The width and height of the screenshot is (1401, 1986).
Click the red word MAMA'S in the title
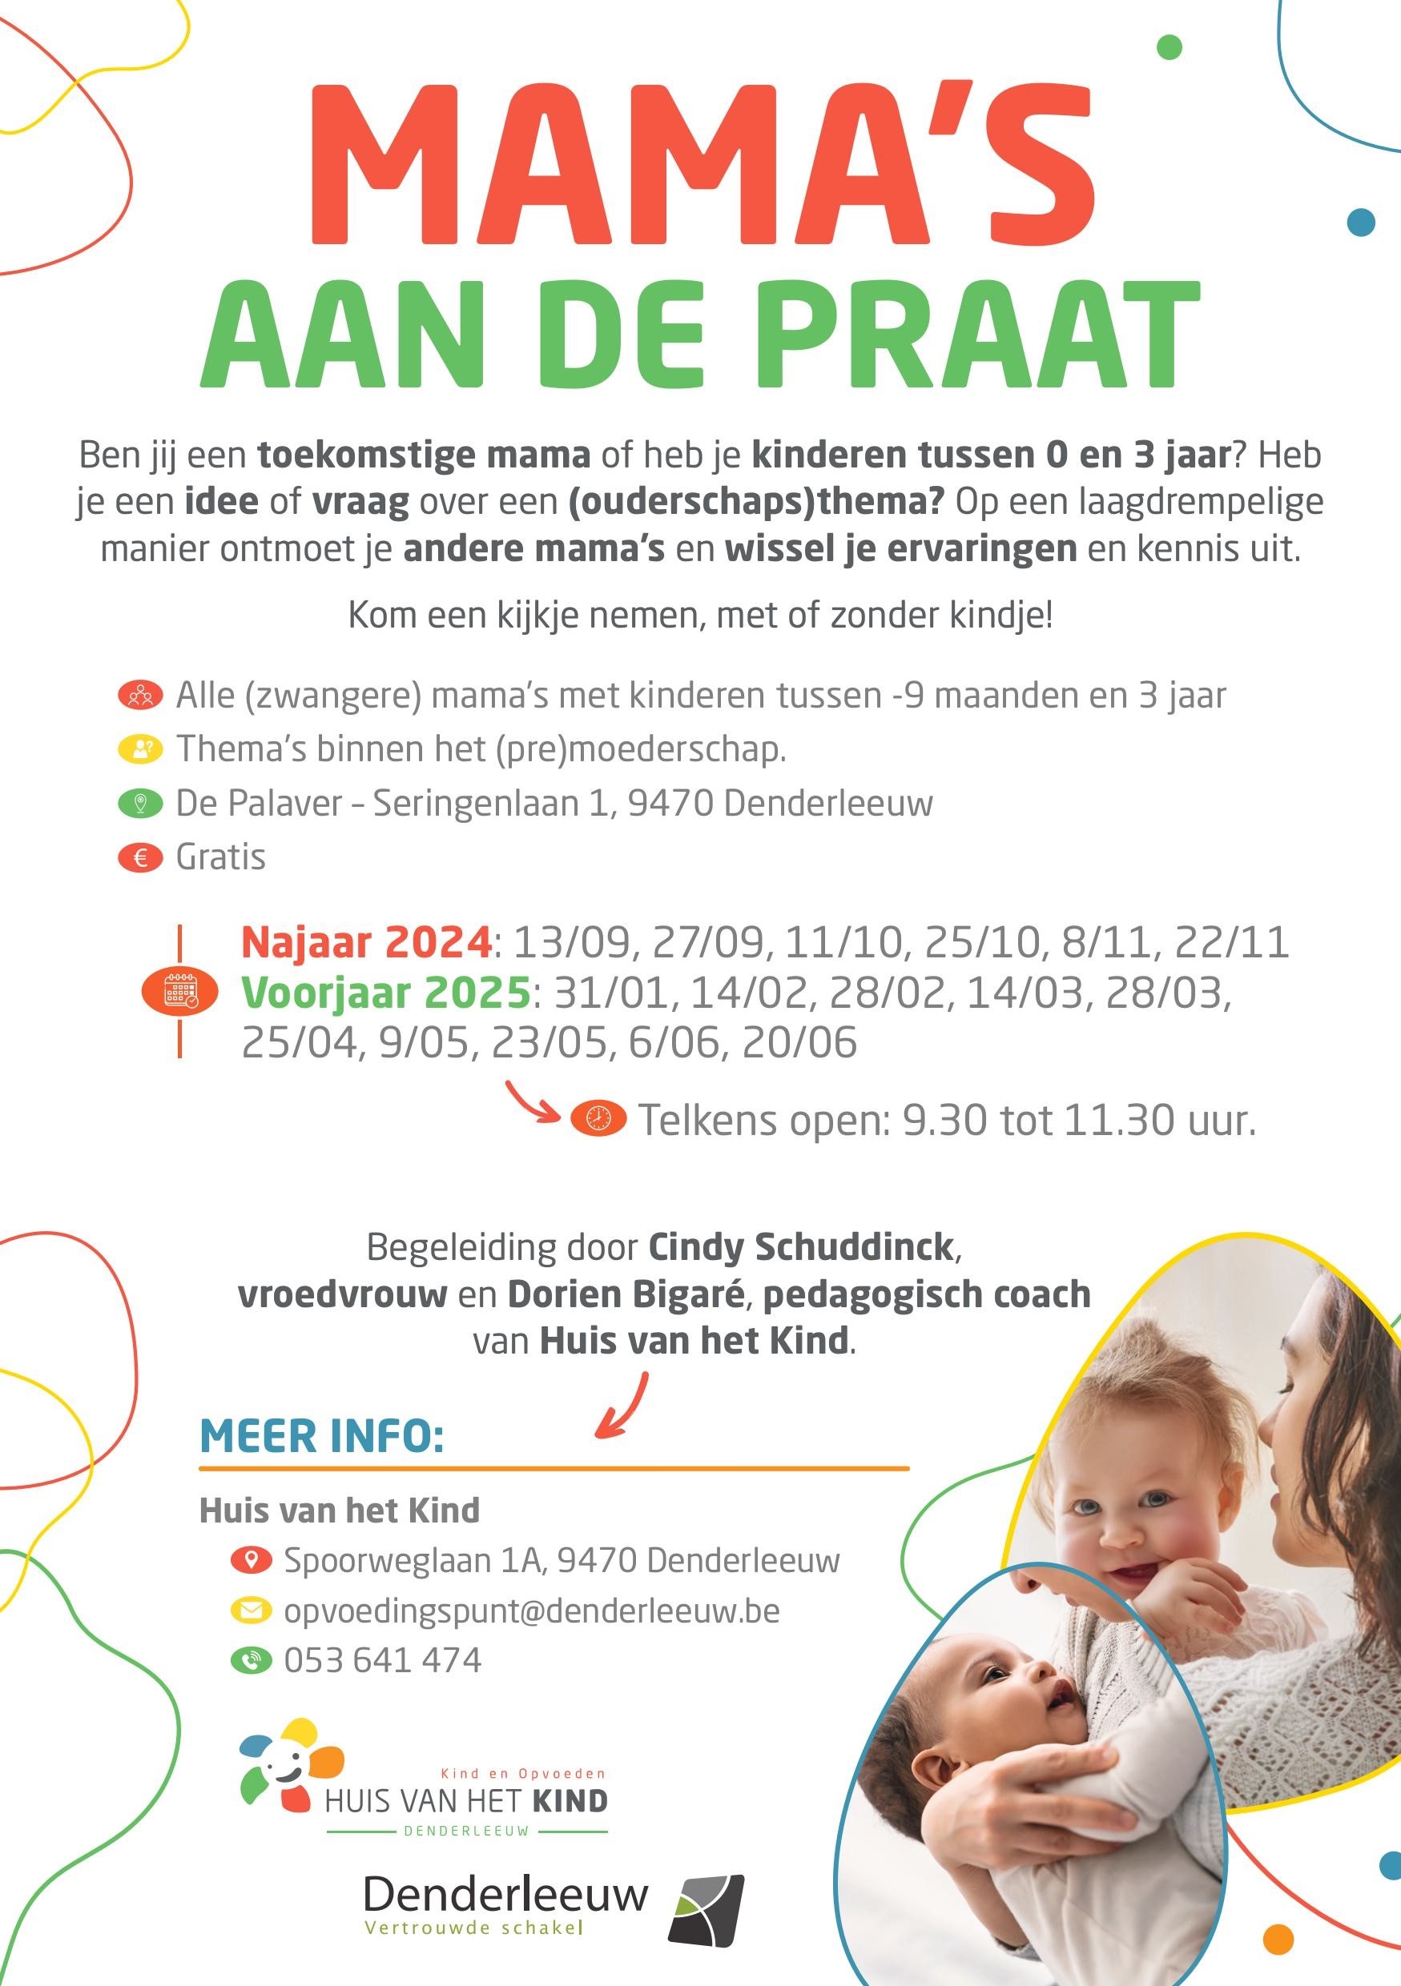click(702, 164)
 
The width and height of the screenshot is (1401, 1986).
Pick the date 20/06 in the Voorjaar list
click(799, 1042)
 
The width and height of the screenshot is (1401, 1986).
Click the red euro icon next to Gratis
click(140, 858)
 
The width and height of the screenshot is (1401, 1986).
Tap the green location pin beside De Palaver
click(140, 804)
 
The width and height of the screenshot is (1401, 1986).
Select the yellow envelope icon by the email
click(251, 1611)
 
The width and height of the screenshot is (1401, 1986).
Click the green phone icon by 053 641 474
click(251, 1660)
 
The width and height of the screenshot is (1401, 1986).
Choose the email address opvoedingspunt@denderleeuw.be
click(531, 1611)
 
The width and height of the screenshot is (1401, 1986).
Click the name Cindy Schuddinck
click(800, 1247)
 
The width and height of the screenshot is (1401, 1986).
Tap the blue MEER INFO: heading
click(321, 1438)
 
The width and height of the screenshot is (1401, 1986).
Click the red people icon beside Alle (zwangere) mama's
click(140, 696)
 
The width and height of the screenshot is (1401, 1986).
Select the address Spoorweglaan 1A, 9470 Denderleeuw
click(562, 1560)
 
